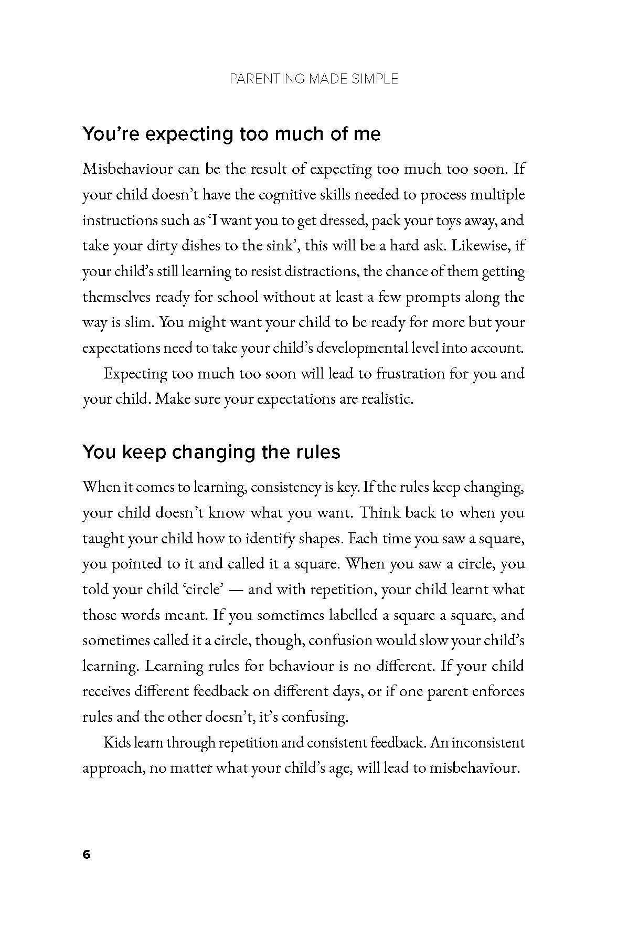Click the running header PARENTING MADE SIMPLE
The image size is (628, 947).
314,79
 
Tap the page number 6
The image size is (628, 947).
87,855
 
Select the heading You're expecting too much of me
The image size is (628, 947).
231,134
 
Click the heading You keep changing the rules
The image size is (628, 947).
211,452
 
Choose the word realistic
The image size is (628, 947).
387,399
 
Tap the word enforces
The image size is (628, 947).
496,691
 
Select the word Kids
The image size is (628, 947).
116,743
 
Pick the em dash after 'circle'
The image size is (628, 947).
236,590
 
